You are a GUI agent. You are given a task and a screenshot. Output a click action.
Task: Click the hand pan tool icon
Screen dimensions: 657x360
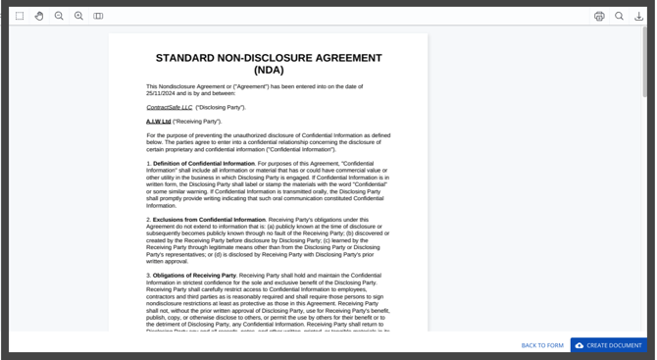click(x=39, y=16)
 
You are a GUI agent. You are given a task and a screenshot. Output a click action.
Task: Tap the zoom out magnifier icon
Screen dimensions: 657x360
click(x=59, y=16)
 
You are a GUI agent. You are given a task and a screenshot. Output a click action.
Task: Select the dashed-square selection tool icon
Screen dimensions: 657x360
click(x=20, y=16)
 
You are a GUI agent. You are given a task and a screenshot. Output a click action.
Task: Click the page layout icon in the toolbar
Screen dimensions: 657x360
click(x=98, y=16)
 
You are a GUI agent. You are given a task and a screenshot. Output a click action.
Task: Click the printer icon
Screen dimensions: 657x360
click(x=599, y=16)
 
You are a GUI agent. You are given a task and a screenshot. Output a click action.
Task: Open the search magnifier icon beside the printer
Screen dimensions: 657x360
click(x=620, y=16)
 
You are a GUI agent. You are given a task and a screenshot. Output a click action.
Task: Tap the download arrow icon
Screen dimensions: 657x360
click(x=639, y=16)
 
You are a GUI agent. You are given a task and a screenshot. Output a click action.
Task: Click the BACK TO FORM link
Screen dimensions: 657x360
click(x=542, y=345)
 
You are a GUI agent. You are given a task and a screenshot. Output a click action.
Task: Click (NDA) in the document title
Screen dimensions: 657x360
click(x=268, y=71)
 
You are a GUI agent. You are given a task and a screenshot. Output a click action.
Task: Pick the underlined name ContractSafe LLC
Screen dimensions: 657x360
click(x=170, y=107)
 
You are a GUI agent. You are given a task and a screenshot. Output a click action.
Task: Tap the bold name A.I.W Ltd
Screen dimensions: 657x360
click(x=158, y=121)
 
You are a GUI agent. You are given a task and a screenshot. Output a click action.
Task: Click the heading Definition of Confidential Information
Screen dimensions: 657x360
click(x=204, y=163)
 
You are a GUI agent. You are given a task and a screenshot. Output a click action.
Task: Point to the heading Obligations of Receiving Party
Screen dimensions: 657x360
click(x=195, y=276)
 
